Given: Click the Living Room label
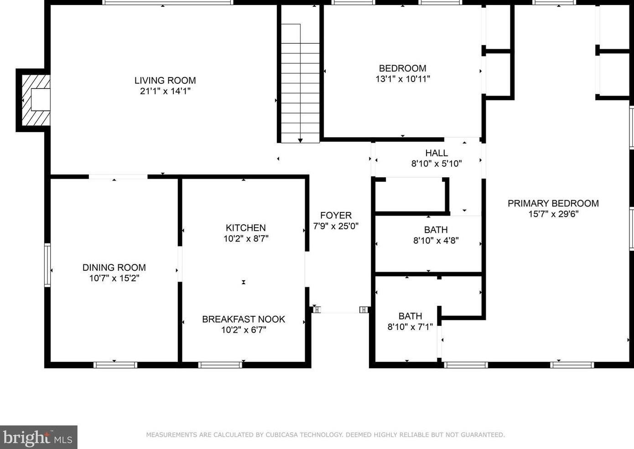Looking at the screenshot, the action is [165, 80].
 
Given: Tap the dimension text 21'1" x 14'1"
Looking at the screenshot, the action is [165, 91].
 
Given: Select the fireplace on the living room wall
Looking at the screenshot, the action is [33, 100].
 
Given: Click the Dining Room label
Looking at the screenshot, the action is [114, 268].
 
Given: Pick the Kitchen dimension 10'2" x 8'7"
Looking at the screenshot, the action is [246, 238].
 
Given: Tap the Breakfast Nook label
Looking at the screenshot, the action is [244, 319].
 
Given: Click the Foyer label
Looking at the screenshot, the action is [336, 215].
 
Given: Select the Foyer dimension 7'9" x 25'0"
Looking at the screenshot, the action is [336, 226].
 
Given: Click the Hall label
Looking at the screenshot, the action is [437, 153].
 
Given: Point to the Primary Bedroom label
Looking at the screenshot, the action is [553, 203].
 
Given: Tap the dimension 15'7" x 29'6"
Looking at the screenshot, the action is [553, 214].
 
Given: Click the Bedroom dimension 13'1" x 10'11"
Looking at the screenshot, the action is [402, 79].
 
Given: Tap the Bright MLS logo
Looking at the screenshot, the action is [38, 437].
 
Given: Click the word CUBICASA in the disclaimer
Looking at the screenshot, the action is [281, 434].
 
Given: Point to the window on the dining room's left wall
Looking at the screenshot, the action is [47, 265].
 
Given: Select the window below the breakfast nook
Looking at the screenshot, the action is [220, 365].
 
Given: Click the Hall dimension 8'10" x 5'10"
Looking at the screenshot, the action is [437, 164].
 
